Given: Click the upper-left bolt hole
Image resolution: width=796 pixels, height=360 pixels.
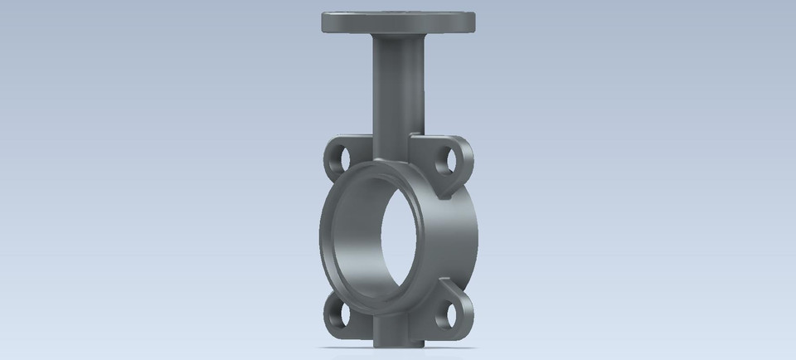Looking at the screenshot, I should (339, 154).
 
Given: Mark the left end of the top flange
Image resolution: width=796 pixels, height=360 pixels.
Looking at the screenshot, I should (322, 21).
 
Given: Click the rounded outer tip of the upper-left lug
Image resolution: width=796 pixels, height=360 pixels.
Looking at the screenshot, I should (324, 154).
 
